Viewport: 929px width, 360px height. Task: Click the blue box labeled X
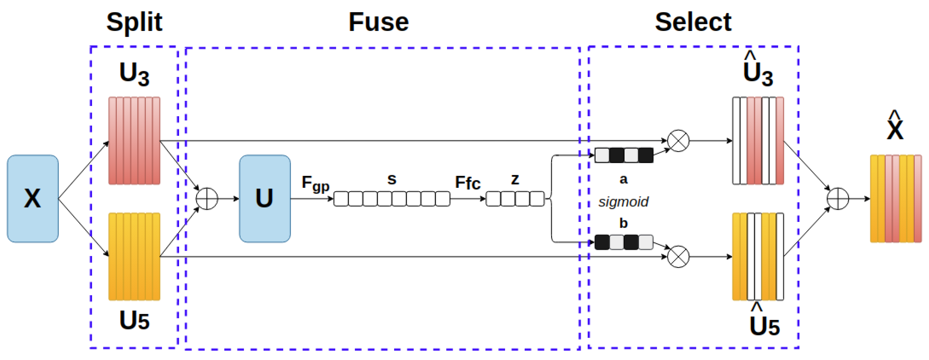click(32, 198)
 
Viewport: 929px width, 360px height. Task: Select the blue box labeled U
click(265, 198)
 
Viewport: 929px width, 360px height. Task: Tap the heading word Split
click(134, 22)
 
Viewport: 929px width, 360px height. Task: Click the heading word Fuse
click(379, 22)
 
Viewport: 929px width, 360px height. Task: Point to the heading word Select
click(693, 22)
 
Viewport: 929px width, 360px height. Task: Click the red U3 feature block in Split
click(134, 141)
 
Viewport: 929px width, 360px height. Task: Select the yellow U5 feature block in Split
click(134, 256)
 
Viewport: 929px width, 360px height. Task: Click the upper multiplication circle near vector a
click(678, 141)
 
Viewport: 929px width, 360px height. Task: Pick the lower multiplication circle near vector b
click(678, 256)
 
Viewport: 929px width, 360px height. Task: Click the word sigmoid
click(623, 202)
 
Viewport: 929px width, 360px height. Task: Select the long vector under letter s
click(392, 199)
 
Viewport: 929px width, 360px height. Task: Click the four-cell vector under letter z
click(515, 199)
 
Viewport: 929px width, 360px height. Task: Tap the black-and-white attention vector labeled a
click(624, 155)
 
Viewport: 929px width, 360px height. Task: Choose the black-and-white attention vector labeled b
click(624, 242)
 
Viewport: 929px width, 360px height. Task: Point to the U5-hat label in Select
click(764, 323)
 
